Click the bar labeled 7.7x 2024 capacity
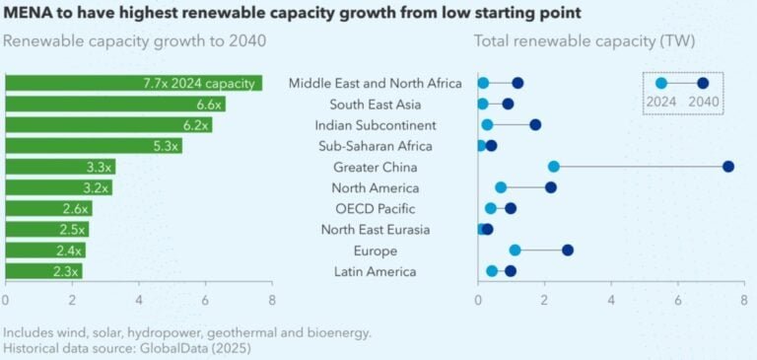(133, 83)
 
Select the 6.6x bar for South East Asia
(115, 104)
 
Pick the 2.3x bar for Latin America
(43, 271)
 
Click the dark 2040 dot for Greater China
(728, 167)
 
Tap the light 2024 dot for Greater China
(554, 167)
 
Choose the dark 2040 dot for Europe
(568, 251)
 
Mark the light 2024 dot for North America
(501, 187)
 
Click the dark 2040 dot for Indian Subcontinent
(535, 125)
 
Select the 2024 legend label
(660, 101)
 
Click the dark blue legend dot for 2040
(703, 84)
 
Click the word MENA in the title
(29, 13)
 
